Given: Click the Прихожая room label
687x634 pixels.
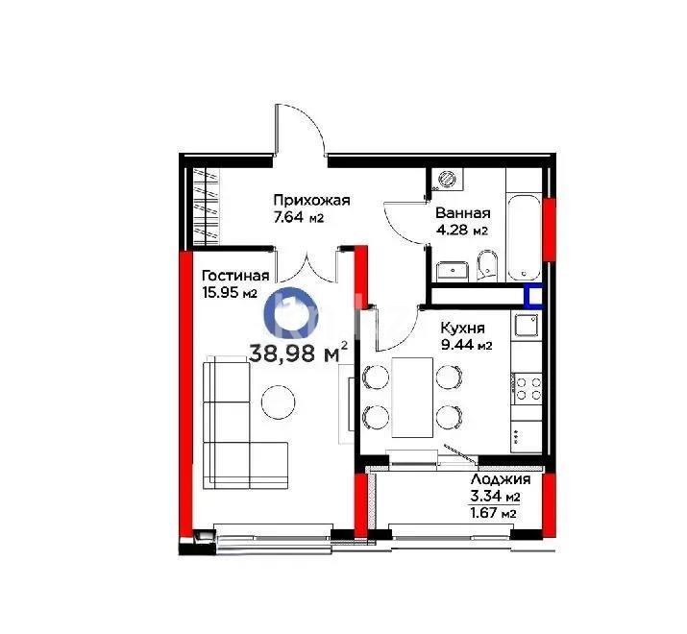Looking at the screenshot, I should [x=310, y=201].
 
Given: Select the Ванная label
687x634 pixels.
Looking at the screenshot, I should [x=462, y=213].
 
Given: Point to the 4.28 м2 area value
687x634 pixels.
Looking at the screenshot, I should [x=461, y=231].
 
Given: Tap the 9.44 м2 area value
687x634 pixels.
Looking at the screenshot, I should [x=465, y=346].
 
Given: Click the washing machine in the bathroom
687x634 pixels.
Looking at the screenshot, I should [x=446, y=180].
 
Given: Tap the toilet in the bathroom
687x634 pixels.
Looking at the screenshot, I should [x=487, y=265].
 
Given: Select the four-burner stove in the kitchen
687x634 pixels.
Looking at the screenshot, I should [x=528, y=389].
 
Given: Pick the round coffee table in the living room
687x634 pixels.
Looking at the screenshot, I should [x=279, y=401].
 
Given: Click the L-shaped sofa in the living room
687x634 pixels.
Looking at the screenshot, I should [x=235, y=423].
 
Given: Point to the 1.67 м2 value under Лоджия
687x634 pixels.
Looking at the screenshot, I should [x=493, y=514].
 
